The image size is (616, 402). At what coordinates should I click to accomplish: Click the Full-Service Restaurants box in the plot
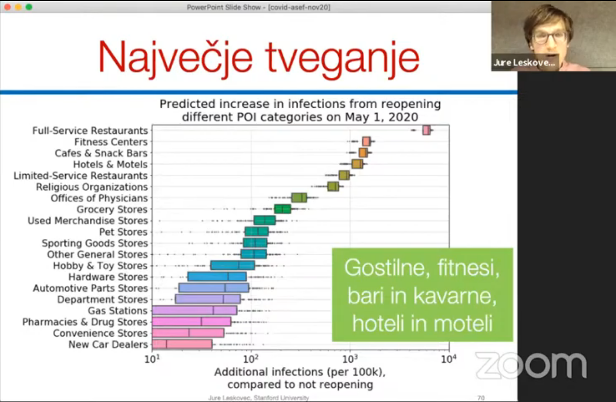[426, 130]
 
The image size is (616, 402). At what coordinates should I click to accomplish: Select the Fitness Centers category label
[111, 142]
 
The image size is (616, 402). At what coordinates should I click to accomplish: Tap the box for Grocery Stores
[283, 209]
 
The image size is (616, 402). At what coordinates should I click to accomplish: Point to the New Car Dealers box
[182, 344]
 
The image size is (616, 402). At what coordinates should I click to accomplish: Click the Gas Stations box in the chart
[194, 310]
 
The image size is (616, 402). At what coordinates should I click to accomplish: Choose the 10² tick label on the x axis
[251, 359]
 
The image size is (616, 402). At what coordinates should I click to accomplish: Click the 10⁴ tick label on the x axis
[449, 359]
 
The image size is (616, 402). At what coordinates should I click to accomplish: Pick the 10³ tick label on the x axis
[350, 359]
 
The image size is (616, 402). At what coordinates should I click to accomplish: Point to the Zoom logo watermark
[531, 366]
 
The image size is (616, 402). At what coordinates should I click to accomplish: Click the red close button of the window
[7, 7]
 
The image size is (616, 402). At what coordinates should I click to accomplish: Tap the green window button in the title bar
[29, 7]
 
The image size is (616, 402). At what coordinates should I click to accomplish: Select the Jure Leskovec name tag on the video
[524, 62]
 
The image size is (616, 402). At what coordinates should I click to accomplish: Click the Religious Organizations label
[92, 187]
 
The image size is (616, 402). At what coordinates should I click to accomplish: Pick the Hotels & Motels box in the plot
[357, 164]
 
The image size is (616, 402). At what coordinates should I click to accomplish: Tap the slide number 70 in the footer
[481, 398]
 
